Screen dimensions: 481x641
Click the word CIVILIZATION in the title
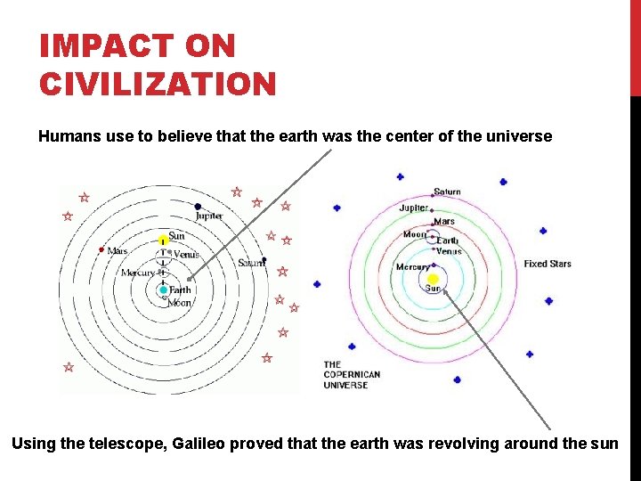[158, 84]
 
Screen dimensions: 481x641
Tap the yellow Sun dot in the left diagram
[163, 240]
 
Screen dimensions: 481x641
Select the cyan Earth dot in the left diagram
[163, 290]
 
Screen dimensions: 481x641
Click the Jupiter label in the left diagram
[209, 216]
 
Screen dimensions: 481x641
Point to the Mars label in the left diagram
[117, 251]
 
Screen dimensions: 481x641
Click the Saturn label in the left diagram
[251, 263]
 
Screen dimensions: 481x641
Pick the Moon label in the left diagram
[180, 303]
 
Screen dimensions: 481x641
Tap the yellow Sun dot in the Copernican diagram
[433, 278]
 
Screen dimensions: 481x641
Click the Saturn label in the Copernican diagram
[447, 192]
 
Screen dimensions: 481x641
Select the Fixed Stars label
[548, 264]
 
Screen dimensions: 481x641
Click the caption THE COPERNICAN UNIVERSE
[352, 375]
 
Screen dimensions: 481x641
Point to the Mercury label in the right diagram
[413, 267]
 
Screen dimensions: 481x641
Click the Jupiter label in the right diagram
[414, 208]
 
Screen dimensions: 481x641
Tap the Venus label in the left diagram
[187, 255]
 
